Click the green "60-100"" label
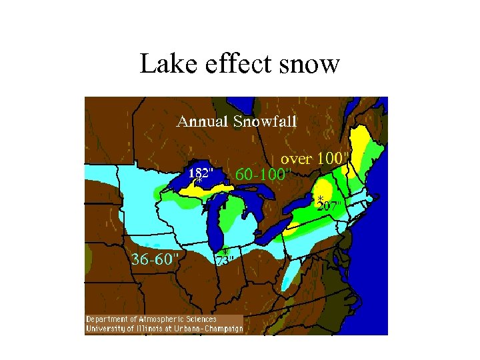tap(264, 174)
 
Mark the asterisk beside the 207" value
tap(320, 199)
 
